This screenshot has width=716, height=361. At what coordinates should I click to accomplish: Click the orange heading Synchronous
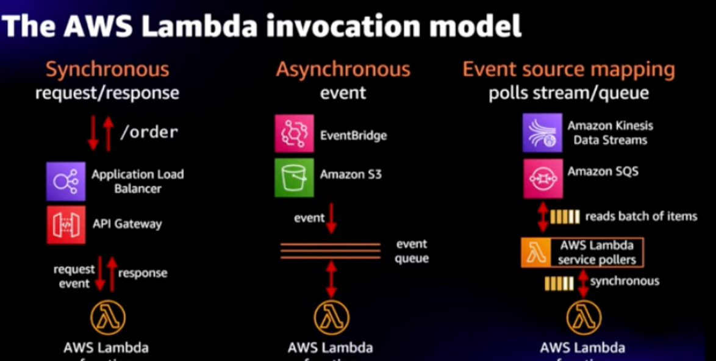pos(107,70)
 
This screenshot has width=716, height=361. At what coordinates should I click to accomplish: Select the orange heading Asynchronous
pos(343,70)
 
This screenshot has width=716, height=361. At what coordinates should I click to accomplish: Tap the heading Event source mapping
pos(568,70)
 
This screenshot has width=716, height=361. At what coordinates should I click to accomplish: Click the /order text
pos(149,132)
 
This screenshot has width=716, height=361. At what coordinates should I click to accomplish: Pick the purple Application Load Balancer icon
pos(66,181)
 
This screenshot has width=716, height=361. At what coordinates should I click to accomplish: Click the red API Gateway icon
pos(66,224)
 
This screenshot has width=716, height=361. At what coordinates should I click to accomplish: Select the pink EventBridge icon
pos(294,134)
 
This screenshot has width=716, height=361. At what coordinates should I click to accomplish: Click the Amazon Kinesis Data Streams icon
pos(542,132)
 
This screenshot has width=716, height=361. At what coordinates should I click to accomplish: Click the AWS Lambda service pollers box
pos(582,252)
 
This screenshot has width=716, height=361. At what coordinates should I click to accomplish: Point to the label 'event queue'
pos(412,251)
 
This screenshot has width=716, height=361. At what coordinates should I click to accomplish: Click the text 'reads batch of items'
pos(641,216)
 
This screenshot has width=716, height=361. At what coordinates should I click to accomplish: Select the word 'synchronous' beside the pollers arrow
pos(625,281)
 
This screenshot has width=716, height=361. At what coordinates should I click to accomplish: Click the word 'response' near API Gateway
pos(143,273)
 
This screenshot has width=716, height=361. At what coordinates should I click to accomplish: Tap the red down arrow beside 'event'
pos(331,218)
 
